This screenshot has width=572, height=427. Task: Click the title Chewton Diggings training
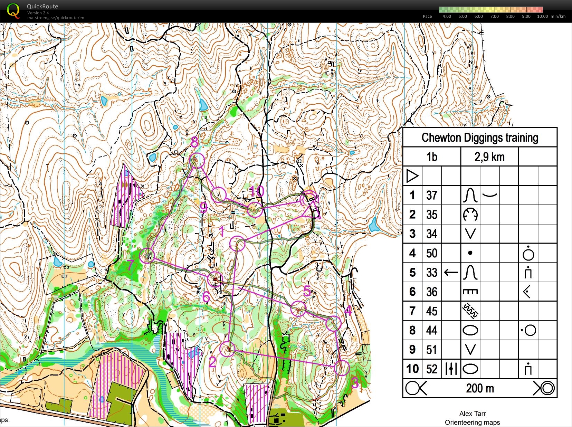point(480,137)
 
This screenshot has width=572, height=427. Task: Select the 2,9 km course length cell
point(489,157)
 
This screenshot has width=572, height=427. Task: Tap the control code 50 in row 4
point(432,253)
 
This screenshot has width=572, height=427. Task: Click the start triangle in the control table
point(412,176)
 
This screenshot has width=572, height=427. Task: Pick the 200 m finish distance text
point(480,388)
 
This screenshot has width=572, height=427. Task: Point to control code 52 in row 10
point(432,369)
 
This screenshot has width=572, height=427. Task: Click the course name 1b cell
point(432,157)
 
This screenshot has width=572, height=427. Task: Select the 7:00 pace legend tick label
point(494,16)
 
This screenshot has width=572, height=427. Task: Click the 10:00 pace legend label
point(542,16)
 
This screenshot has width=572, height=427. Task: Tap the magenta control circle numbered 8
point(197,160)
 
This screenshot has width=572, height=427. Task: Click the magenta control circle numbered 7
point(147,256)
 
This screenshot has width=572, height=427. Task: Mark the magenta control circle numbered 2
point(227,349)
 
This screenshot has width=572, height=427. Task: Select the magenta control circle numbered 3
point(342,368)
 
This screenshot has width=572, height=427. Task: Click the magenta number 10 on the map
point(257,191)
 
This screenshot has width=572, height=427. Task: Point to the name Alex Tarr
point(472,414)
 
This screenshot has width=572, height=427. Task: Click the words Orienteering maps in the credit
point(472,422)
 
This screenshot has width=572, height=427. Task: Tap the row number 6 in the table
point(412,292)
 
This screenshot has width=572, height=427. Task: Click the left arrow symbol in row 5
point(451,273)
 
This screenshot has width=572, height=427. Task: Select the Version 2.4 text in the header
point(38,13)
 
